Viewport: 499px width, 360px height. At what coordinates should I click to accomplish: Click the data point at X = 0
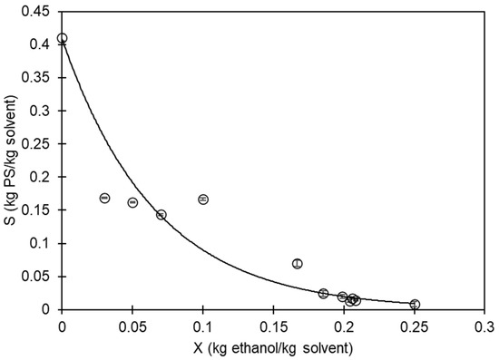coord(62,38)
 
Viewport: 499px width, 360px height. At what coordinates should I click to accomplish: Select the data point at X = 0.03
coord(104,198)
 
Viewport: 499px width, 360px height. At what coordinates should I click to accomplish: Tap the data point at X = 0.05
coord(132,202)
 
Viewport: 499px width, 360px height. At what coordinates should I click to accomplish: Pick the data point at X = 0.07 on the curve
coord(161,215)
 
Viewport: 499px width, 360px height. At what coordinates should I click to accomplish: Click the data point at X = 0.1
coord(203,199)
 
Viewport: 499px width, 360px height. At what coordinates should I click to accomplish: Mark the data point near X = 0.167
coord(298,263)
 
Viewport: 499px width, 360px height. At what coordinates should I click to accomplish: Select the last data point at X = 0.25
coord(415,305)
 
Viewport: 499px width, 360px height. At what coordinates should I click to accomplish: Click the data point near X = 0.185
coord(323,293)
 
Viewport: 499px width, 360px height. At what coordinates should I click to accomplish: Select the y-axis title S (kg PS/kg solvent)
coord(11,161)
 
